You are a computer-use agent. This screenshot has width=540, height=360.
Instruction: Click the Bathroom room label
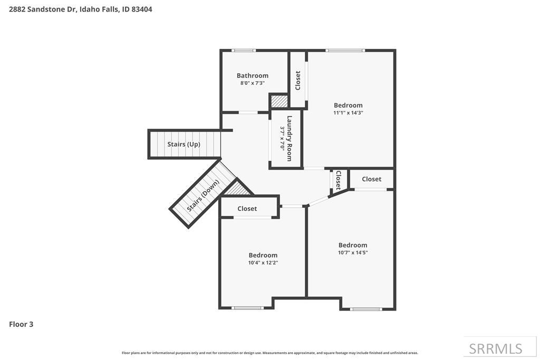tap(252, 75)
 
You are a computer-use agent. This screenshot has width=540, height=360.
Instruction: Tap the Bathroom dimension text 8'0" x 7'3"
tap(252, 83)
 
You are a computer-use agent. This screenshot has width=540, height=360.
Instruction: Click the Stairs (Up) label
tap(184, 144)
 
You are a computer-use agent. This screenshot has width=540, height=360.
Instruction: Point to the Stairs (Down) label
tap(203, 196)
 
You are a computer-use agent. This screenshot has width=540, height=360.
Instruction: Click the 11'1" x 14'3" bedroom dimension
tap(348, 112)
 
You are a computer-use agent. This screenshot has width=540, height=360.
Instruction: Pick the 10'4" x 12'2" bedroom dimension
tap(263, 262)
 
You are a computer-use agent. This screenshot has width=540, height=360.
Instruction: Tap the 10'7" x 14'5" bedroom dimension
tap(353, 252)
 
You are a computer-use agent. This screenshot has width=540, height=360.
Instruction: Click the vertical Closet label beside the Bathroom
tap(298, 80)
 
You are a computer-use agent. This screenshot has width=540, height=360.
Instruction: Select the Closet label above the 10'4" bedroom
tap(247, 209)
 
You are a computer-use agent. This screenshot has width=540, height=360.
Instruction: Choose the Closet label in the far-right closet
tap(371, 179)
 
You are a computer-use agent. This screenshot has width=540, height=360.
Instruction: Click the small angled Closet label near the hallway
tap(338, 180)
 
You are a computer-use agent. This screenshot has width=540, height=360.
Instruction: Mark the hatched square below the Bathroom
tap(279, 101)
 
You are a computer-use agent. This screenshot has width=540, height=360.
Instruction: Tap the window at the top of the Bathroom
tap(244, 51)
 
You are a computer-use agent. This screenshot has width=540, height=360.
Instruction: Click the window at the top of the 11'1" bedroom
tap(345, 51)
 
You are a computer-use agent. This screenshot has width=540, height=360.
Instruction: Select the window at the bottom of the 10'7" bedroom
tap(366, 309)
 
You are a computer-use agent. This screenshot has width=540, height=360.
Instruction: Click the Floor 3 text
tap(21, 324)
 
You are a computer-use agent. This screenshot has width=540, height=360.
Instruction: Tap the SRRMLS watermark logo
tap(496, 348)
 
